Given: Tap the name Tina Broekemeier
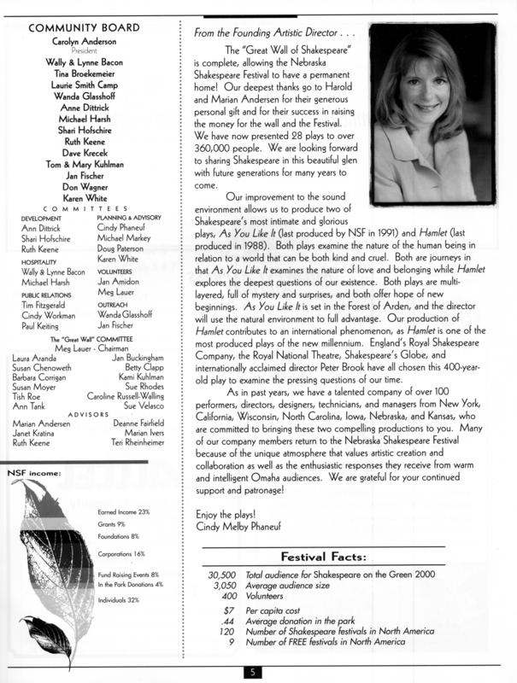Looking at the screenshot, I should (90, 74).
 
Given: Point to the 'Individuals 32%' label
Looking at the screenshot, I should (119, 600).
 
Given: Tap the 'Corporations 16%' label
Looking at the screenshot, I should (122, 554).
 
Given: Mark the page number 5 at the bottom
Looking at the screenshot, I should (253, 672).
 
